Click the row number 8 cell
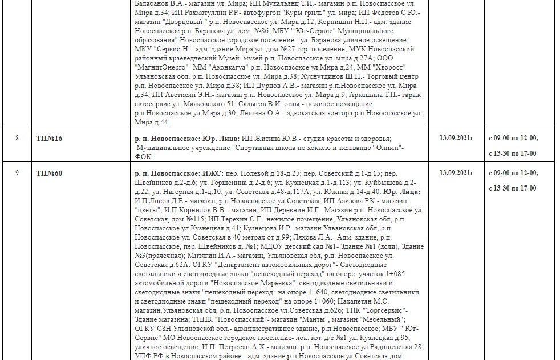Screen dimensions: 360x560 (17, 139)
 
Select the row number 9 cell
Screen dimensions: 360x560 (17, 173)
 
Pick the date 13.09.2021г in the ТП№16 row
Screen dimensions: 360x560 (456, 138)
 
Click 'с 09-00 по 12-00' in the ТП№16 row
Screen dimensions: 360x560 (513, 138)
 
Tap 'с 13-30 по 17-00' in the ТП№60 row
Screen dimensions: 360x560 (513, 188)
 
